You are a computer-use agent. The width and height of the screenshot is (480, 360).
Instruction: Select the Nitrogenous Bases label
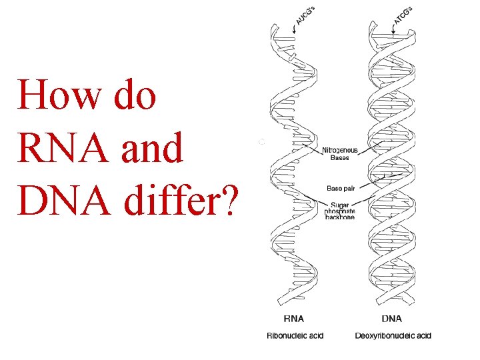pos(340,153)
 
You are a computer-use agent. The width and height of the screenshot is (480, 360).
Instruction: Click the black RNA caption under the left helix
pos(294,320)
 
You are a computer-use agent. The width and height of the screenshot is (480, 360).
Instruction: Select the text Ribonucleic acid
pos(295,335)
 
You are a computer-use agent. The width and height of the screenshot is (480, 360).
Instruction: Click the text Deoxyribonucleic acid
pos(393,335)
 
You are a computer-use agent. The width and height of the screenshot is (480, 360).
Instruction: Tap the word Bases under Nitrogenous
pos(340,158)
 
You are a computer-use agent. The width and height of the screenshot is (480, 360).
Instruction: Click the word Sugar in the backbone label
pos(335,203)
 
